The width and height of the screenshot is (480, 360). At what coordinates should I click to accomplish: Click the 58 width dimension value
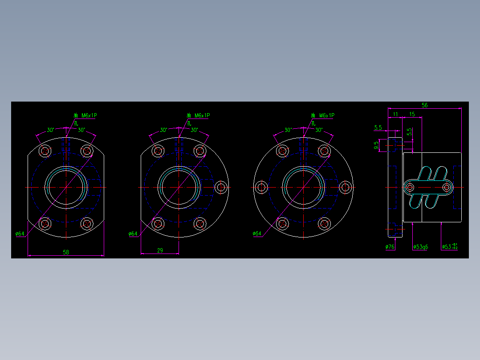click(x=66, y=252)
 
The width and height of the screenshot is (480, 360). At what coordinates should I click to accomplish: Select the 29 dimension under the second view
click(x=160, y=250)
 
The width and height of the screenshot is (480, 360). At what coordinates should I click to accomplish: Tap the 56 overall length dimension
click(x=424, y=105)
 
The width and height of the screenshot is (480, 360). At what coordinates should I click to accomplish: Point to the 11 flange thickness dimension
click(x=395, y=115)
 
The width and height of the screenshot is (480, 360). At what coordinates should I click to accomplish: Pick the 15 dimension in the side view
click(x=412, y=115)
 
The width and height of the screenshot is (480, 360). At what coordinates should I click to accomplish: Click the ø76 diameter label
click(x=390, y=246)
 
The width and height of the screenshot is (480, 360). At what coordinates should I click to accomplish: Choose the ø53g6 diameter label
click(x=420, y=246)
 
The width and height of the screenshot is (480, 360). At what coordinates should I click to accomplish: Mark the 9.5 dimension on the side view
click(x=377, y=144)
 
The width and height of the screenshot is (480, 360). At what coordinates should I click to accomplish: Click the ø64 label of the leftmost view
click(x=20, y=233)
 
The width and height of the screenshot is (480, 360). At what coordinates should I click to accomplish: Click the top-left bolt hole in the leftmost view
click(x=45, y=151)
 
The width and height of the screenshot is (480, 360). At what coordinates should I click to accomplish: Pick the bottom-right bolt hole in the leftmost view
click(x=87, y=223)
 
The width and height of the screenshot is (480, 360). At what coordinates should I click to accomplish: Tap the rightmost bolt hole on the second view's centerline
click(x=221, y=187)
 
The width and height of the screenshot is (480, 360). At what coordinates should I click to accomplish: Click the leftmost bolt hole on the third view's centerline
click(x=261, y=187)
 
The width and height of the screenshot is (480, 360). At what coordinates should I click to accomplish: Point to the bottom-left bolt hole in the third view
click(x=282, y=223)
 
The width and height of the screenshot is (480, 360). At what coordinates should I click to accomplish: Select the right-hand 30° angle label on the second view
click(x=194, y=130)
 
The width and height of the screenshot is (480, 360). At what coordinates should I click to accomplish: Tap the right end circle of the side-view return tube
click(x=447, y=187)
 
